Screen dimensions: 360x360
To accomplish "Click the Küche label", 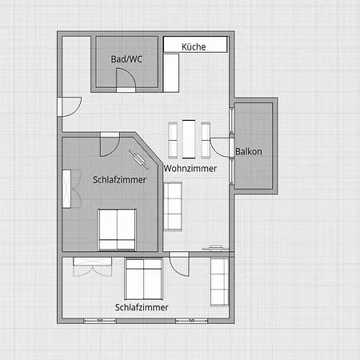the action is (194, 47).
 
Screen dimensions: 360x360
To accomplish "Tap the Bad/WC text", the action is (126, 59).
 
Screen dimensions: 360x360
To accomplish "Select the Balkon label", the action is (249, 151).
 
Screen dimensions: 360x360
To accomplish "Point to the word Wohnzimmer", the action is (190, 169).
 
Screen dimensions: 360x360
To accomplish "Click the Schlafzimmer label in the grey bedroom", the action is (119, 180).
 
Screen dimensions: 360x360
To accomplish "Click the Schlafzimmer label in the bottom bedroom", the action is (142, 307).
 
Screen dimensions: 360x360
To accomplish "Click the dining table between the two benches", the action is (189, 139).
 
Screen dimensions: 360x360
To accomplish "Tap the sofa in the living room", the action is (173, 206).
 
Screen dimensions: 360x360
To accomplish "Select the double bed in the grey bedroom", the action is (117, 230).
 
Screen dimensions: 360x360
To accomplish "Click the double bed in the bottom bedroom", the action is (144, 278).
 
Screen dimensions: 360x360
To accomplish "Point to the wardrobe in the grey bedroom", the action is (66, 189).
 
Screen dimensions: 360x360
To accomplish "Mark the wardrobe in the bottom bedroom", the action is (92, 262).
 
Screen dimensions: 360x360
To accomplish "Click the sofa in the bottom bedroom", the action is (220, 282).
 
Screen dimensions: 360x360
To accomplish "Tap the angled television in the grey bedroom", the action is (138, 159).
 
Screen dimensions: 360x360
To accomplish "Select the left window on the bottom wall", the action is (100, 321).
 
